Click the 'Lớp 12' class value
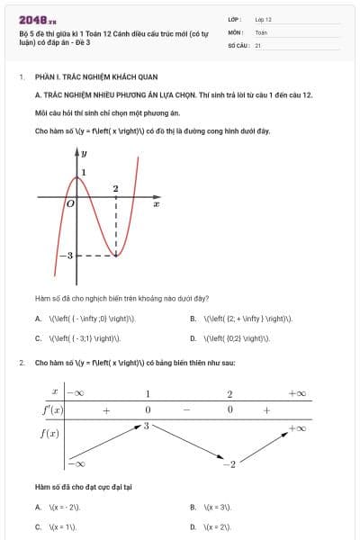coord(263,19)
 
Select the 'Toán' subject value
coord(261,31)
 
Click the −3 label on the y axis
coord(66,256)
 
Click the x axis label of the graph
coord(156,205)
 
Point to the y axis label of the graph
coord(84,155)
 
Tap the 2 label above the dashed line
coord(115,189)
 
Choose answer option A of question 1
coord(85,318)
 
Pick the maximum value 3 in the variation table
coord(146,424)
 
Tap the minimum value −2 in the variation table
coord(229,463)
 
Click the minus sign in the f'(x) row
coord(189,410)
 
